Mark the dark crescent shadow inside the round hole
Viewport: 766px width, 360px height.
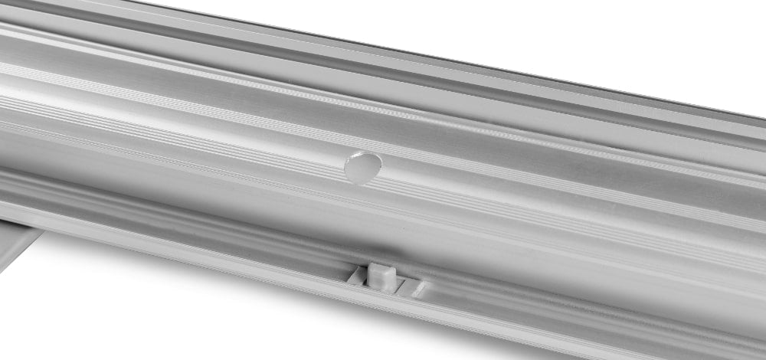355,171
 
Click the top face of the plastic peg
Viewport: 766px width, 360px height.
380,269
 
